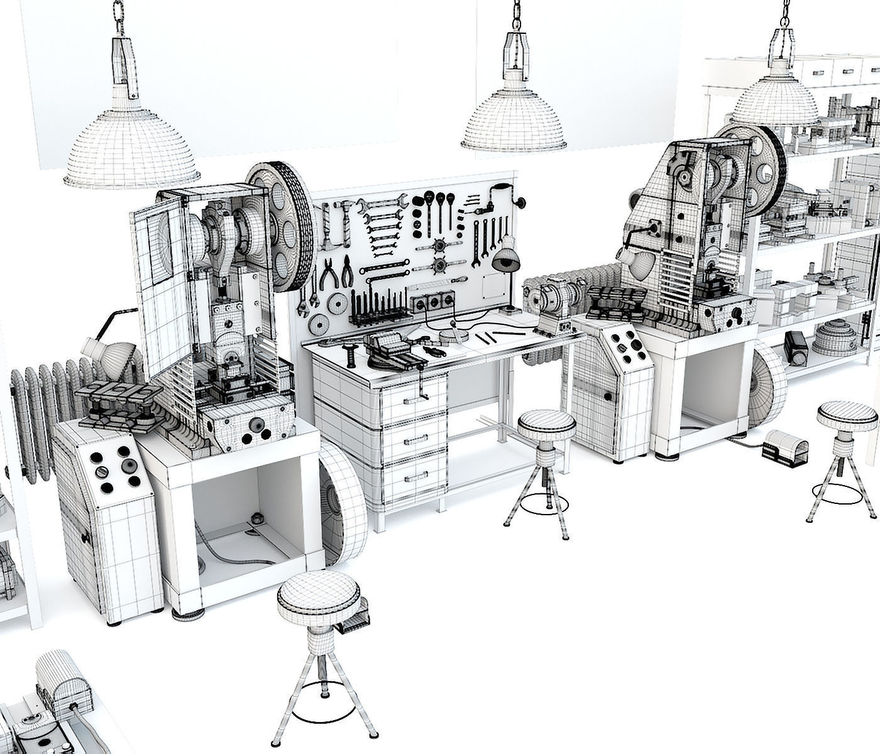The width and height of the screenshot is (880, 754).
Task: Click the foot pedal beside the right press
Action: [x=784, y=447]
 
